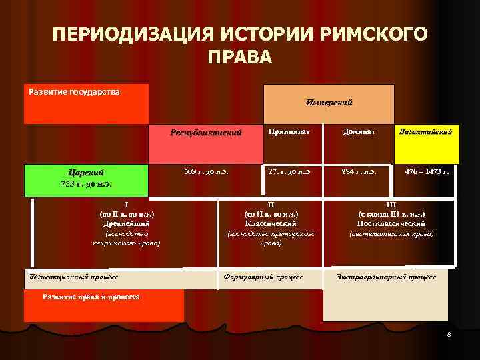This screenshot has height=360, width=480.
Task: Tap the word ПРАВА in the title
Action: (x=239, y=58)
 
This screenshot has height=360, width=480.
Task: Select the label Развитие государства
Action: (x=75, y=91)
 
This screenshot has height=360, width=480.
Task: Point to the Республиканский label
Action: (x=205, y=133)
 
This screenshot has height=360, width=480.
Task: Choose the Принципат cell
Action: (x=288, y=132)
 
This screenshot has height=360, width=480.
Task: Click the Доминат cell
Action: (x=361, y=132)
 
